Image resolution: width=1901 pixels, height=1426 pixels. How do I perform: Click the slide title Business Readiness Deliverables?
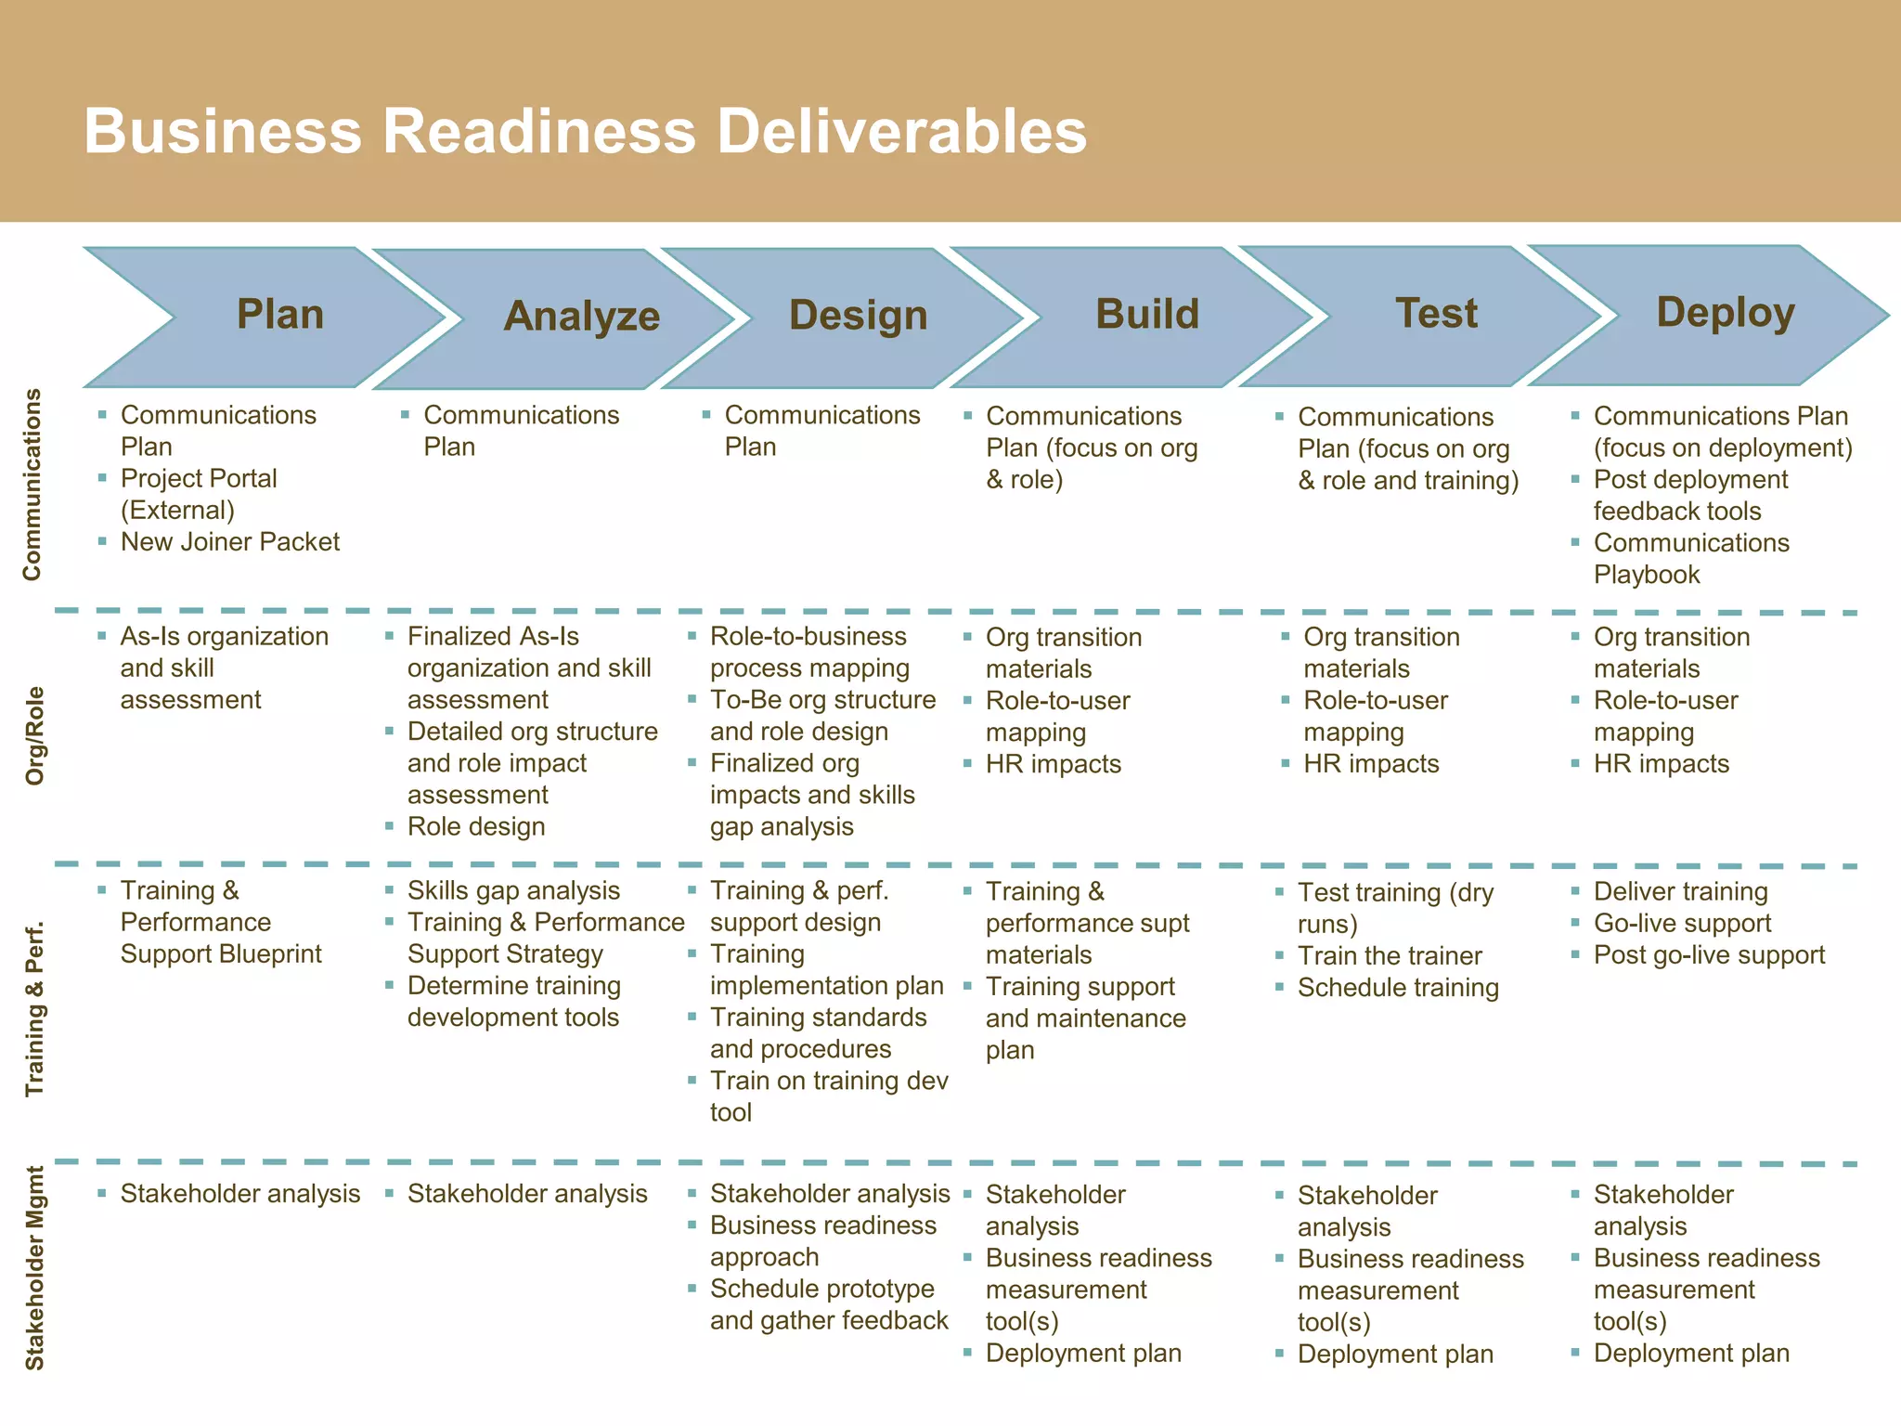[585, 131]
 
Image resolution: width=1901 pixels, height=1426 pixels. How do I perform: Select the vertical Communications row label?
[32, 485]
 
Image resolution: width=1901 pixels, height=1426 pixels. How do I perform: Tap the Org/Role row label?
[34, 735]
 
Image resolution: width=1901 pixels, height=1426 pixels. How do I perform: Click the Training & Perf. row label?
[34, 1009]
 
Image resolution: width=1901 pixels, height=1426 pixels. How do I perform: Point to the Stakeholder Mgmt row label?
[34, 1268]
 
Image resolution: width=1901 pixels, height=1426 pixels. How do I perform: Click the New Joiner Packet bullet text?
[230, 542]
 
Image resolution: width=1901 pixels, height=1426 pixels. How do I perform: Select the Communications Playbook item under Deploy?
[1691, 559]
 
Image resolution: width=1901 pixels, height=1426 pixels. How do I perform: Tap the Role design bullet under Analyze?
[476, 826]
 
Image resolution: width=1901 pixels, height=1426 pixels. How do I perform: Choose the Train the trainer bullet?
[1390, 955]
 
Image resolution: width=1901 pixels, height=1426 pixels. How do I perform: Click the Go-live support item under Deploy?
[1682, 924]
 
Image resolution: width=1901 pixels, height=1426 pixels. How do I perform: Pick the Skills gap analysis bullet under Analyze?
[513, 891]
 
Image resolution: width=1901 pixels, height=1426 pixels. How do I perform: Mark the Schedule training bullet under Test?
[1398, 988]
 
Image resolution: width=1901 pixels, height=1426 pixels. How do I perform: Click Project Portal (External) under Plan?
[199, 494]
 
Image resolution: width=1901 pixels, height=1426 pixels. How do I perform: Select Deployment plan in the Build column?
[1083, 1354]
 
